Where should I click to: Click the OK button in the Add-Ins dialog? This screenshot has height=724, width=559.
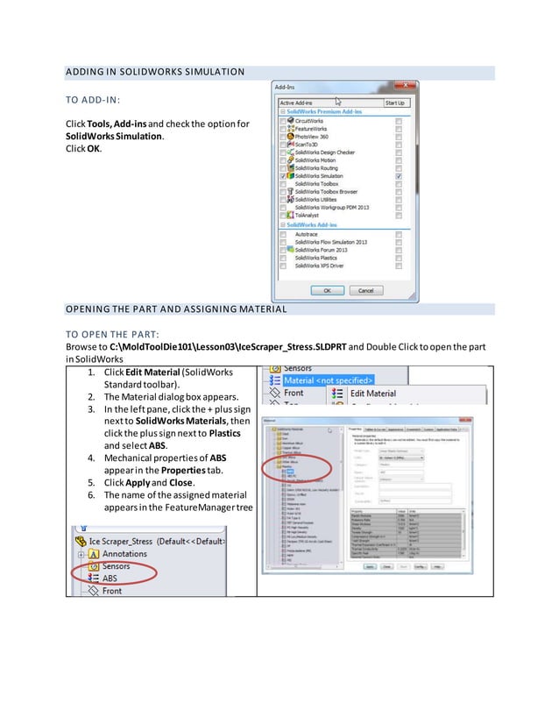click(x=326, y=290)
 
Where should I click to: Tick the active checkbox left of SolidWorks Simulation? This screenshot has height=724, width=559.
click(x=282, y=176)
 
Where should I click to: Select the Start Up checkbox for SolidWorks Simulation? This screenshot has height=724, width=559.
click(x=399, y=176)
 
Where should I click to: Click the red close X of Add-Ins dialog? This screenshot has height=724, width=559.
click(x=399, y=88)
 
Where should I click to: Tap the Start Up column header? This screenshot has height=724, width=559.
click(x=395, y=103)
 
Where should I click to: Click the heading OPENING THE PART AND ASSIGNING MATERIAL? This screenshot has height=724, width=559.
click(x=175, y=309)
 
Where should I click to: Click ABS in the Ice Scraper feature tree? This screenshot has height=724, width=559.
click(x=110, y=578)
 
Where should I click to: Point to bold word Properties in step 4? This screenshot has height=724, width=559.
click(x=181, y=470)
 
